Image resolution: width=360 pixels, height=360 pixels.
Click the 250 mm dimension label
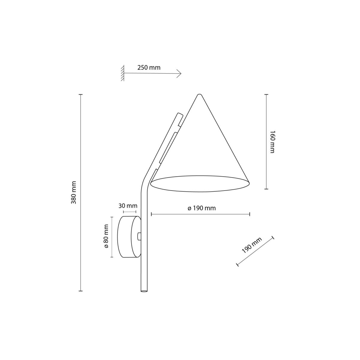(149, 67)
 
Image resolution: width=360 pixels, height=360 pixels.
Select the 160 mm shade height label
(272, 142)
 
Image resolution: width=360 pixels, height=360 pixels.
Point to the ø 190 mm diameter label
(202, 208)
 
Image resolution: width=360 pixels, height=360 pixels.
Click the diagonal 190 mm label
(251, 245)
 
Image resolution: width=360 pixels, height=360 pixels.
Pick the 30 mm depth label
(128, 206)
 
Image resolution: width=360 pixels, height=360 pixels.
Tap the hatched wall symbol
(122, 73)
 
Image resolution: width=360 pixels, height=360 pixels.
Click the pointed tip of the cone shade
(198, 95)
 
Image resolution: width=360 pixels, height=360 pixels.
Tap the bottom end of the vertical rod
(144, 290)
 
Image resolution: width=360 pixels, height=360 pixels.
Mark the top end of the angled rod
(179, 114)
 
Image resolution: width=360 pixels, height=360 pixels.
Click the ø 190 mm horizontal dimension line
(200, 214)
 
